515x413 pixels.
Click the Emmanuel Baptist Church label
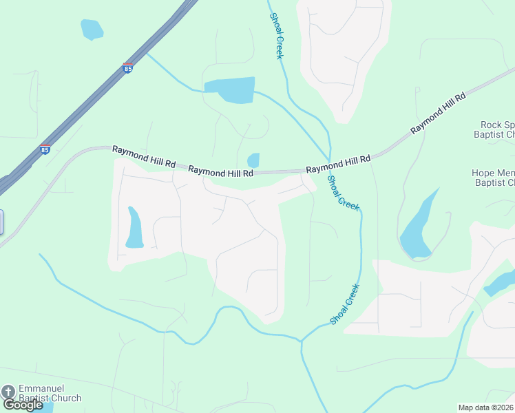tap(50, 393)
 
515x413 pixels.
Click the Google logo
tap(23, 405)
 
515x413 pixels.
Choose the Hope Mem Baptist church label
tap(493, 178)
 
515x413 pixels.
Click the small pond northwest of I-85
tap(91, 29)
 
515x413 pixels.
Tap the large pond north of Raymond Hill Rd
tap(231, 89)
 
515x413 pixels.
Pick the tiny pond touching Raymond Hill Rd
tap(253, 160)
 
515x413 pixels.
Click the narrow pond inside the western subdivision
tap(134, 227)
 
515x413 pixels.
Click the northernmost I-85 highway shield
tap(127, 68)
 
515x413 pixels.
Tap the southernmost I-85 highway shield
tap(45, 149)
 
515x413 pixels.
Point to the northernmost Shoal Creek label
tap(276, 36)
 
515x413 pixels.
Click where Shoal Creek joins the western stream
tap(301, 340)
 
